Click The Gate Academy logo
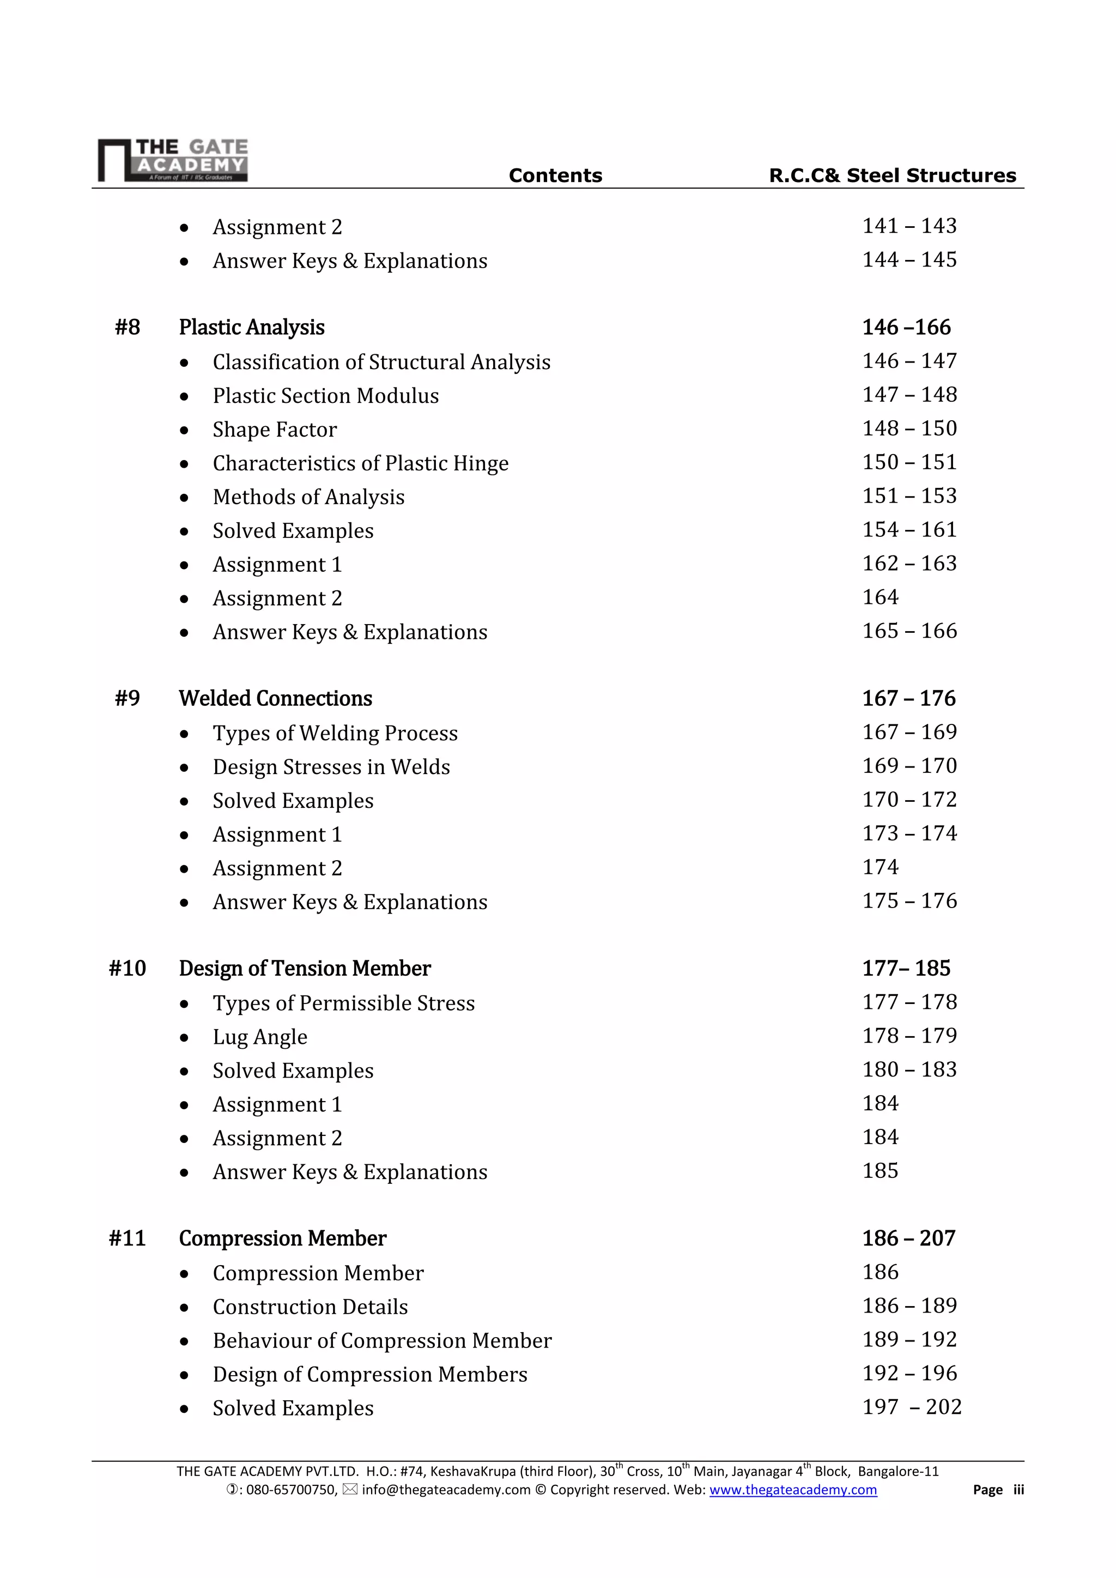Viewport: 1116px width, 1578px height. pyautogui.click(x=173, y=160)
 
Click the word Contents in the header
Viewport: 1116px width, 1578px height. pyautogui.click(x=555, y=176)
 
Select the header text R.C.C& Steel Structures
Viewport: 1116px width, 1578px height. pyautogui.click(x=892, y=176)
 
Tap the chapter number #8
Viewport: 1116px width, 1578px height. pyautogui.click(x=127, y=327)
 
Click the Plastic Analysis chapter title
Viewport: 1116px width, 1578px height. pyautogui.click(x=252, y=327)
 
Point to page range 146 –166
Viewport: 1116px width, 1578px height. pyautogui.click(x=906, y=327)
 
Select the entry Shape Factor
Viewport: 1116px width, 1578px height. pyautogui.click(x=275, y=430)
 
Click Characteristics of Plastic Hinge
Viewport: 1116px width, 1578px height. pyautogui.click(x=361, y=463)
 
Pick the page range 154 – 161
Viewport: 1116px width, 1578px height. pyautogui.click(x=909, y=530)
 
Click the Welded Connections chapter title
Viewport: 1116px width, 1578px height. pyautogui.click(x=276, y=698)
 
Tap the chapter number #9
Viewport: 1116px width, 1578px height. pyautogui.click(x=127, y=698)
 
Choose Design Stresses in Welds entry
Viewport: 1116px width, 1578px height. pyautogui.click(x=331, y=767)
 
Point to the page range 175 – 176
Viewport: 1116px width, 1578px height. pyautogui.click(x=909, y=901)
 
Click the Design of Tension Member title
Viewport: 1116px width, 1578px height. pyautogui.click(x=305, y=969)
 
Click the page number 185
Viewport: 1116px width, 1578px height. pyautogui.click(x=880, y=1171)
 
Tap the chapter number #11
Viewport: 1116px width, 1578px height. pyautogui.click(x=127, y=1238)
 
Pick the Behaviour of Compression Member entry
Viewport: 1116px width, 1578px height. pyautogui.click(x=382, y=1341)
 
